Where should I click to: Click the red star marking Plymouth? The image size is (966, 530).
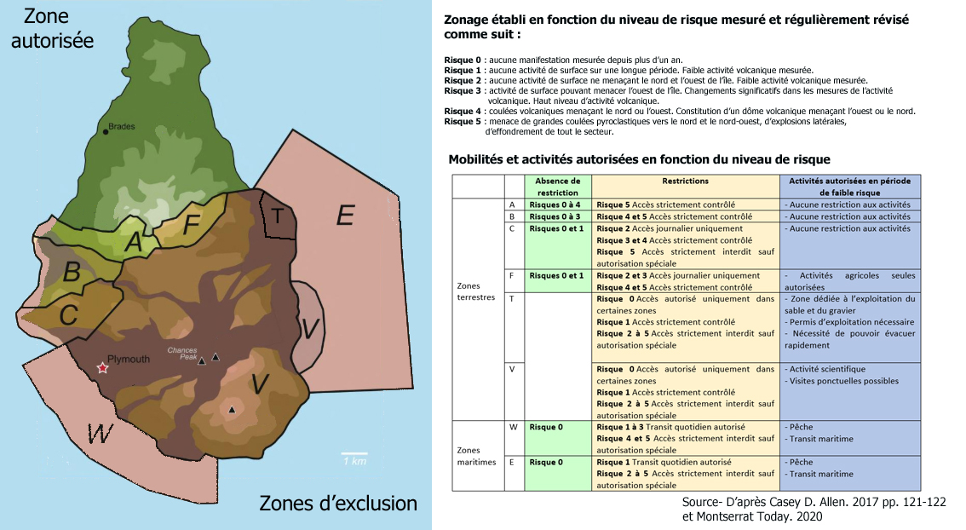pos(103,368)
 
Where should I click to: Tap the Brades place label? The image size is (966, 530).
pos(123,126)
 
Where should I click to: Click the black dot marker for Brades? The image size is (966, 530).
pos(105,130)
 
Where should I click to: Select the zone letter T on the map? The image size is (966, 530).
pos(277,216)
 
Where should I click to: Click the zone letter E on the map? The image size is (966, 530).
pos(344,216)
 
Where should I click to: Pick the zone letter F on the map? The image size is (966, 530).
pos(192,224)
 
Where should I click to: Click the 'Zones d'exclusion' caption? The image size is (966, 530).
pos(338,504)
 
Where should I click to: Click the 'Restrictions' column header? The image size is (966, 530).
pos(685,181)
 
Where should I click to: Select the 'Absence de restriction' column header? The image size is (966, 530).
pos(558,186)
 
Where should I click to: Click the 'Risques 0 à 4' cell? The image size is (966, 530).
pos(555,205)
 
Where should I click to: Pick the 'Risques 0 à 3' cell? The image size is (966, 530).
pos(555,216)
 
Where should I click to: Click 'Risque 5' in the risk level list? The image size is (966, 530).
pos(463,122)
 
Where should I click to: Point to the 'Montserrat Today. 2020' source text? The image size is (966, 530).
pos(752,516)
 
